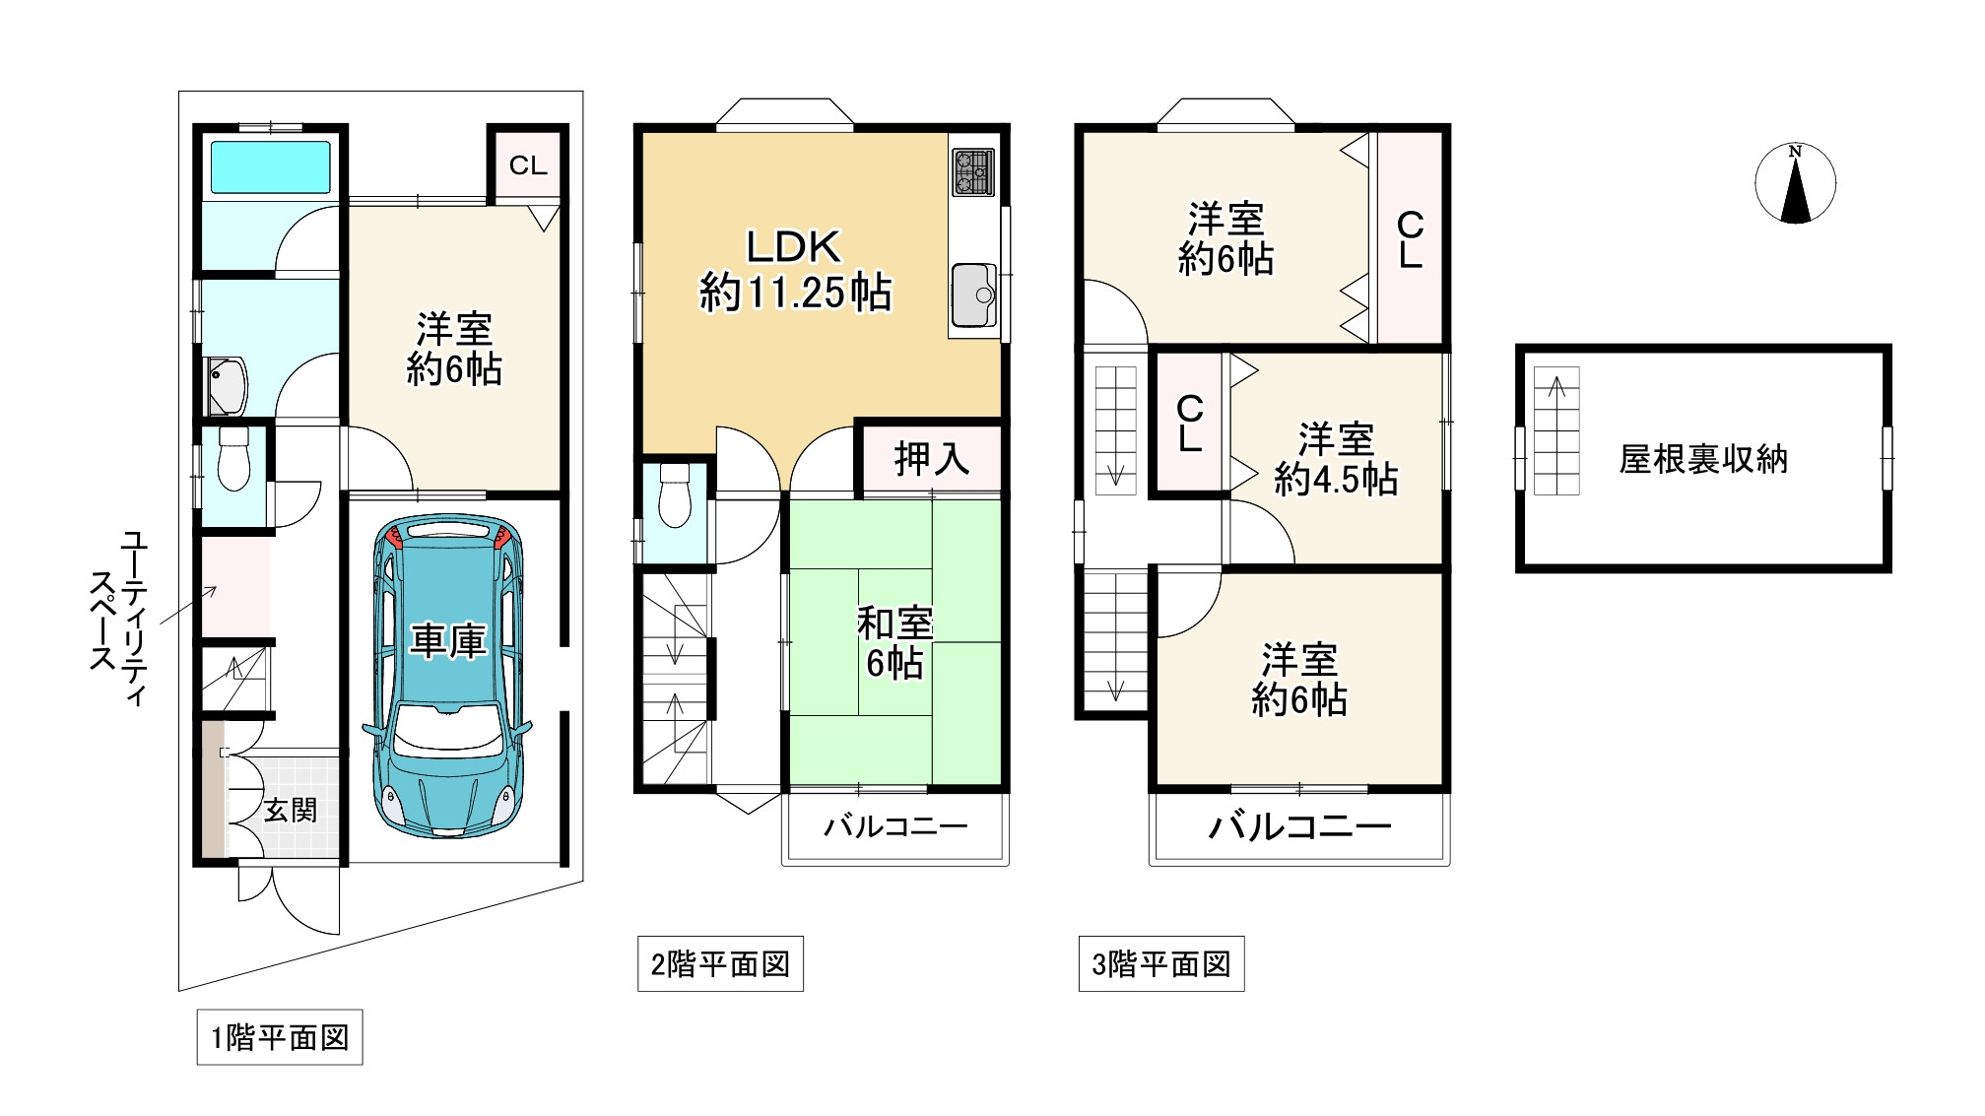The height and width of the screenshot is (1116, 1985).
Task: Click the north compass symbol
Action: coord(1795,183)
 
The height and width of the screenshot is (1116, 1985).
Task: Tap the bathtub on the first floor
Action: coord(270,166)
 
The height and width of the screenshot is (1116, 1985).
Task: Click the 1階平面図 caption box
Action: coord(280,1037)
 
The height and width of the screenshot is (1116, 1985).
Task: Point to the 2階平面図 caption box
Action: coord(720,963)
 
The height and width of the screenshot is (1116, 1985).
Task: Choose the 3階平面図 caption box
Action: coord(1161,963)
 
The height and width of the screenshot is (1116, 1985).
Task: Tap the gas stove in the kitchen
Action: coord(973,171)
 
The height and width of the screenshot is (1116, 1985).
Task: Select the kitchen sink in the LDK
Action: coord(974,294)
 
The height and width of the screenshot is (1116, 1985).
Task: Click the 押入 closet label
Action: coord(931,459)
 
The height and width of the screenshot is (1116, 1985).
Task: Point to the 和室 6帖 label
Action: coord(894,643)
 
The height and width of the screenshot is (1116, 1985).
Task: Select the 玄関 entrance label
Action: coord(291,810)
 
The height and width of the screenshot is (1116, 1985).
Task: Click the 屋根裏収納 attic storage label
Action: coord(1703,459)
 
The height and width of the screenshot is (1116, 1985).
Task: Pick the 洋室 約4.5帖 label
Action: coord(1335,459)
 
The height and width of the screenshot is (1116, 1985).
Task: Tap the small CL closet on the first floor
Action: coord(528,165)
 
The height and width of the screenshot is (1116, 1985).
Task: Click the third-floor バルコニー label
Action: coord(1299,825)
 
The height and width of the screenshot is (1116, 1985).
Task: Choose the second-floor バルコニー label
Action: coord(895,825)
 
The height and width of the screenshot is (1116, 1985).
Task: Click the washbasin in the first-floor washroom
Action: coord(226,385)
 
